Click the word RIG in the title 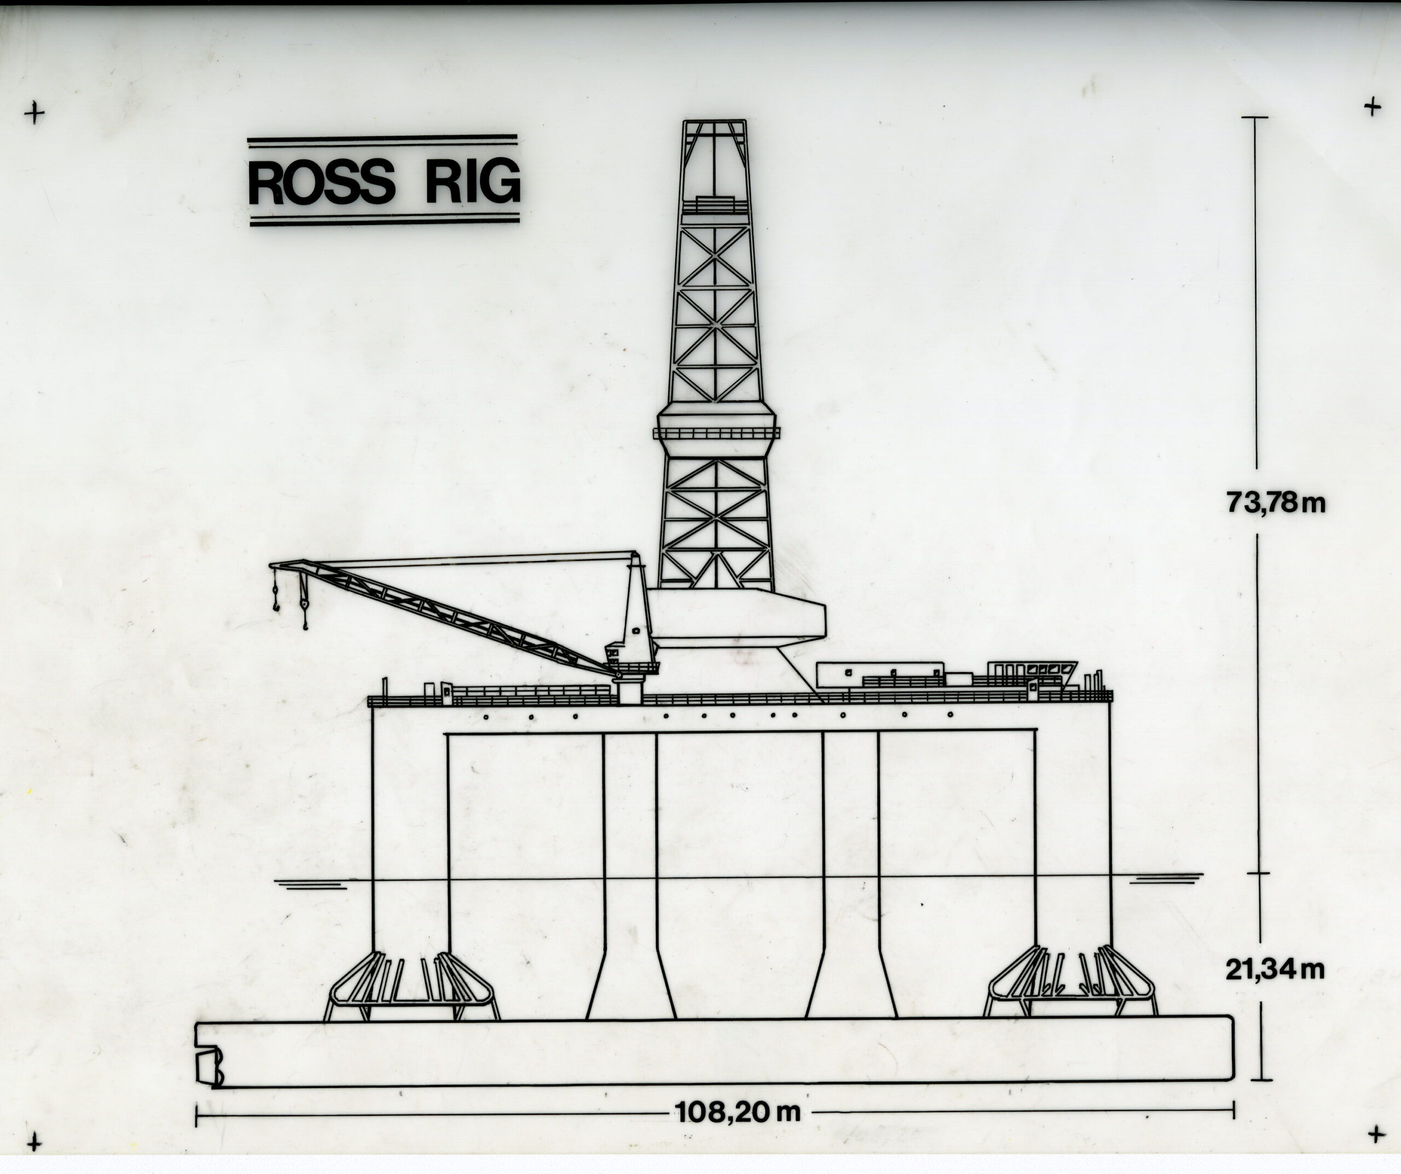472,182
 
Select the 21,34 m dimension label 1274,969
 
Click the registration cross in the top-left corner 34,113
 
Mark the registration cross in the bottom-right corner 1376,1134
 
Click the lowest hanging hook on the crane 305,625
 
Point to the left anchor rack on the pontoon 412,988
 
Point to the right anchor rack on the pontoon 1069,983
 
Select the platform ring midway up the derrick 716,433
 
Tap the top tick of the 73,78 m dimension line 1254,117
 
